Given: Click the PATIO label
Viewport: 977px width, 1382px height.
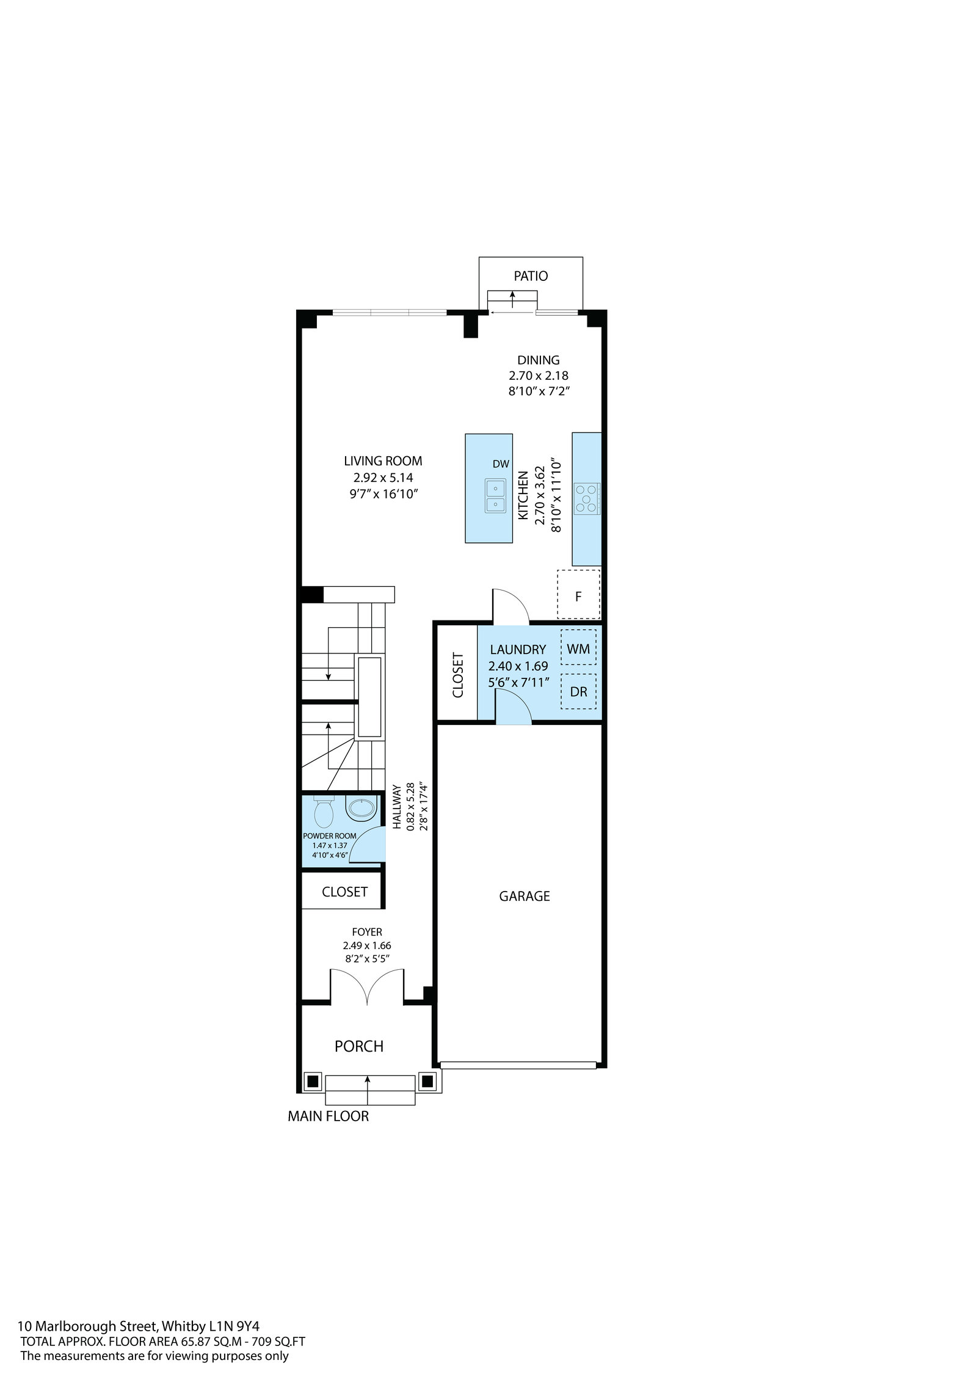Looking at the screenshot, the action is pyautogui.click(x=531, y=276).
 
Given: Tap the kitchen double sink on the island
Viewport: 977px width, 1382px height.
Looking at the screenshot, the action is pyautogui.click(x=495, y=496).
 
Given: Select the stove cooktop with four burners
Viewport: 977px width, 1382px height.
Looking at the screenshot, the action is pyautogui.click(x=587, y=497).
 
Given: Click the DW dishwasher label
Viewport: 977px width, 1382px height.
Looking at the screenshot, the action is pyautogui.click(x=501, y=464).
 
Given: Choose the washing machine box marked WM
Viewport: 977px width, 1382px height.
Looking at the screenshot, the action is pyautogui.click(x=578, y=649).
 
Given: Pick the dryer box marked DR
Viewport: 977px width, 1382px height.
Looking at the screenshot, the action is pyautogui.click(x=578, y=691).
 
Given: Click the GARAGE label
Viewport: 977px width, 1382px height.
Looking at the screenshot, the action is pyautogui.click(x=525, y=896).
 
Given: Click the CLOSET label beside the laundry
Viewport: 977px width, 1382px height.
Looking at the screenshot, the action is pyautogui.click(x=458, y=675).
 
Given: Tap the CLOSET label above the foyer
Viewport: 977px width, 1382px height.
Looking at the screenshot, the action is pyautogui.click(x=344, y=892).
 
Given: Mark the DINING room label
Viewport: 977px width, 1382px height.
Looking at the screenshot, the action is pyautogui.click(x=539, y=360).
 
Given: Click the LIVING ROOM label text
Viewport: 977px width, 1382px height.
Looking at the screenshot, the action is pyautogui.click(x=383, y=461).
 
